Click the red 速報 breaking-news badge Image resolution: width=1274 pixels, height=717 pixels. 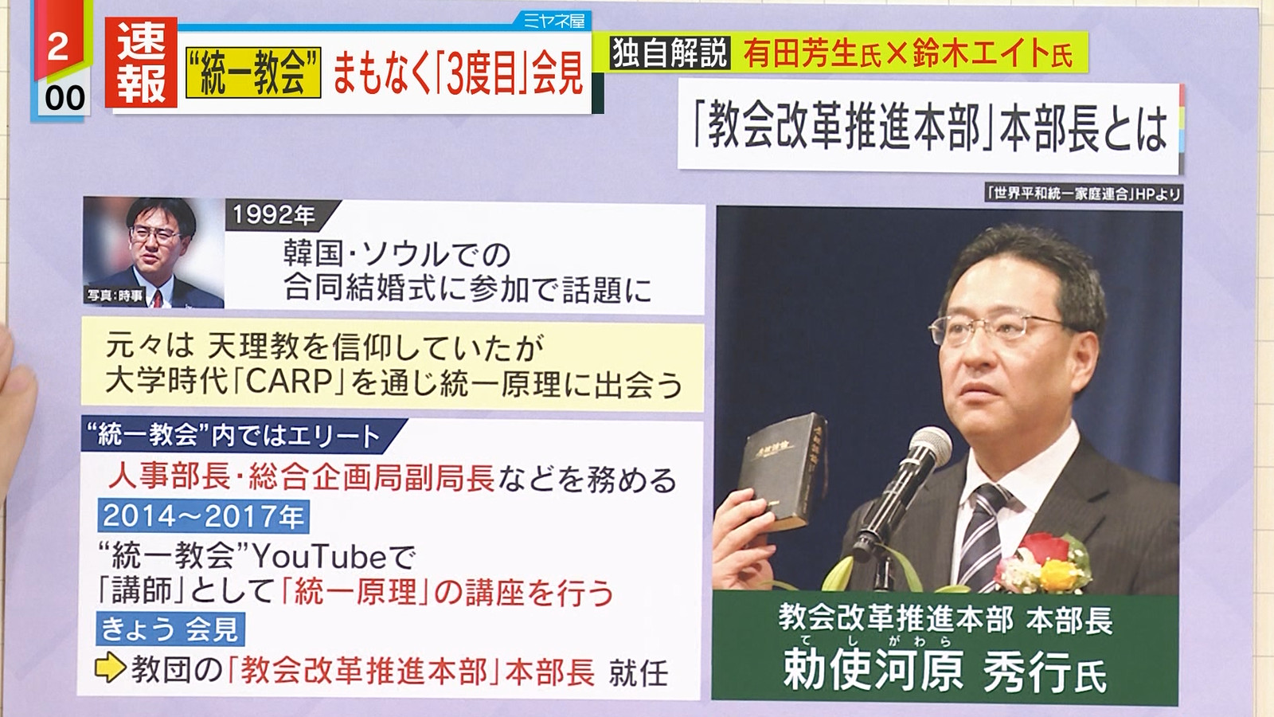click(141, 63)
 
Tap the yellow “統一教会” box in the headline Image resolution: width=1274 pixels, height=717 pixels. click(254, 72)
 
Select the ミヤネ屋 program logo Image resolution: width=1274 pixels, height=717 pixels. click(554, 22)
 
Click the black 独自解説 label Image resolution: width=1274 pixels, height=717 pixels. click(670, 53)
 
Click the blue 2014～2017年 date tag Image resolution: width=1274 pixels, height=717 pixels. click(203, 516)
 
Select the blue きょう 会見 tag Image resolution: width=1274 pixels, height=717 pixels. click(170, 629)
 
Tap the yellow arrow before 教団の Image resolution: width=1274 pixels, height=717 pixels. click(111, 668)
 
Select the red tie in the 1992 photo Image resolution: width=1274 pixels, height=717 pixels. click(158, 297)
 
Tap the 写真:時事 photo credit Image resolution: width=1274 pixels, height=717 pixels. click(115, 296)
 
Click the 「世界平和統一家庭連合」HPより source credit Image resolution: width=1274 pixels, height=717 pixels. click(1084, 194)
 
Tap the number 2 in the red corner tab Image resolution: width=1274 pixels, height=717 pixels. click(58, 47)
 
